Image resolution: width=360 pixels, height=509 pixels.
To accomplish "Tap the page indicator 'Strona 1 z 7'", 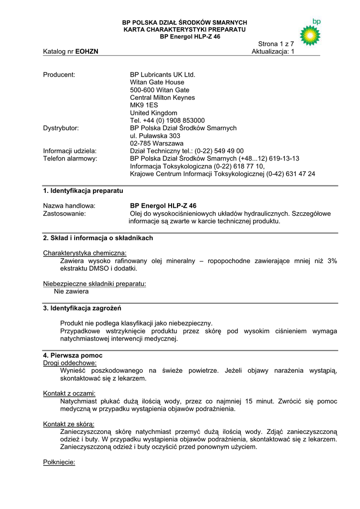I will coord(276,44).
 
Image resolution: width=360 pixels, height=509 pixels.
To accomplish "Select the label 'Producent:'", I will coord(59,75).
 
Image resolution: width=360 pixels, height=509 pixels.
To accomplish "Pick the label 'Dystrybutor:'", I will coord(61,128).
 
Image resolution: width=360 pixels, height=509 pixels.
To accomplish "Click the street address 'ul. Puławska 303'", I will coord(155,136).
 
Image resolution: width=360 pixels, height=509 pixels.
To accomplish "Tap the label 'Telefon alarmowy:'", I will coord(70,159).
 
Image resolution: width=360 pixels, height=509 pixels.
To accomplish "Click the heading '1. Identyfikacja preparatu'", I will coord(83,191).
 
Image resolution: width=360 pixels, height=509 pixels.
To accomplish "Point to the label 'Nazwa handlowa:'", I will coord(69,206).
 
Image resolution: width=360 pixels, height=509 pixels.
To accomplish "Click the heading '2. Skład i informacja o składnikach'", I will coord(98,238).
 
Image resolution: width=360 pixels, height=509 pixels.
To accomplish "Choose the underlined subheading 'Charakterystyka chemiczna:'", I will coord(85,253).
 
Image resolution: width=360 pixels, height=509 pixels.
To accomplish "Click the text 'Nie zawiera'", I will coord(71,291).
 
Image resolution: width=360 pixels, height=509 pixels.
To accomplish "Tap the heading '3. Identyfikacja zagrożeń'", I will coord(83,308).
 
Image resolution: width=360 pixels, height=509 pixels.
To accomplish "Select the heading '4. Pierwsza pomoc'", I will coord(73,356).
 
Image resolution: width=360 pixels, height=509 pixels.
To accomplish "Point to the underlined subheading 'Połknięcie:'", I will coord(59,462).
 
